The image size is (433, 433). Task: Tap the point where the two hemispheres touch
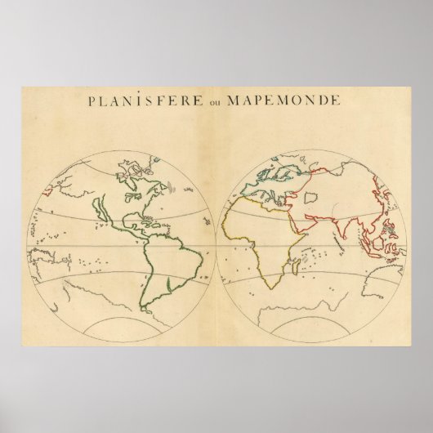tap(216, 242)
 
